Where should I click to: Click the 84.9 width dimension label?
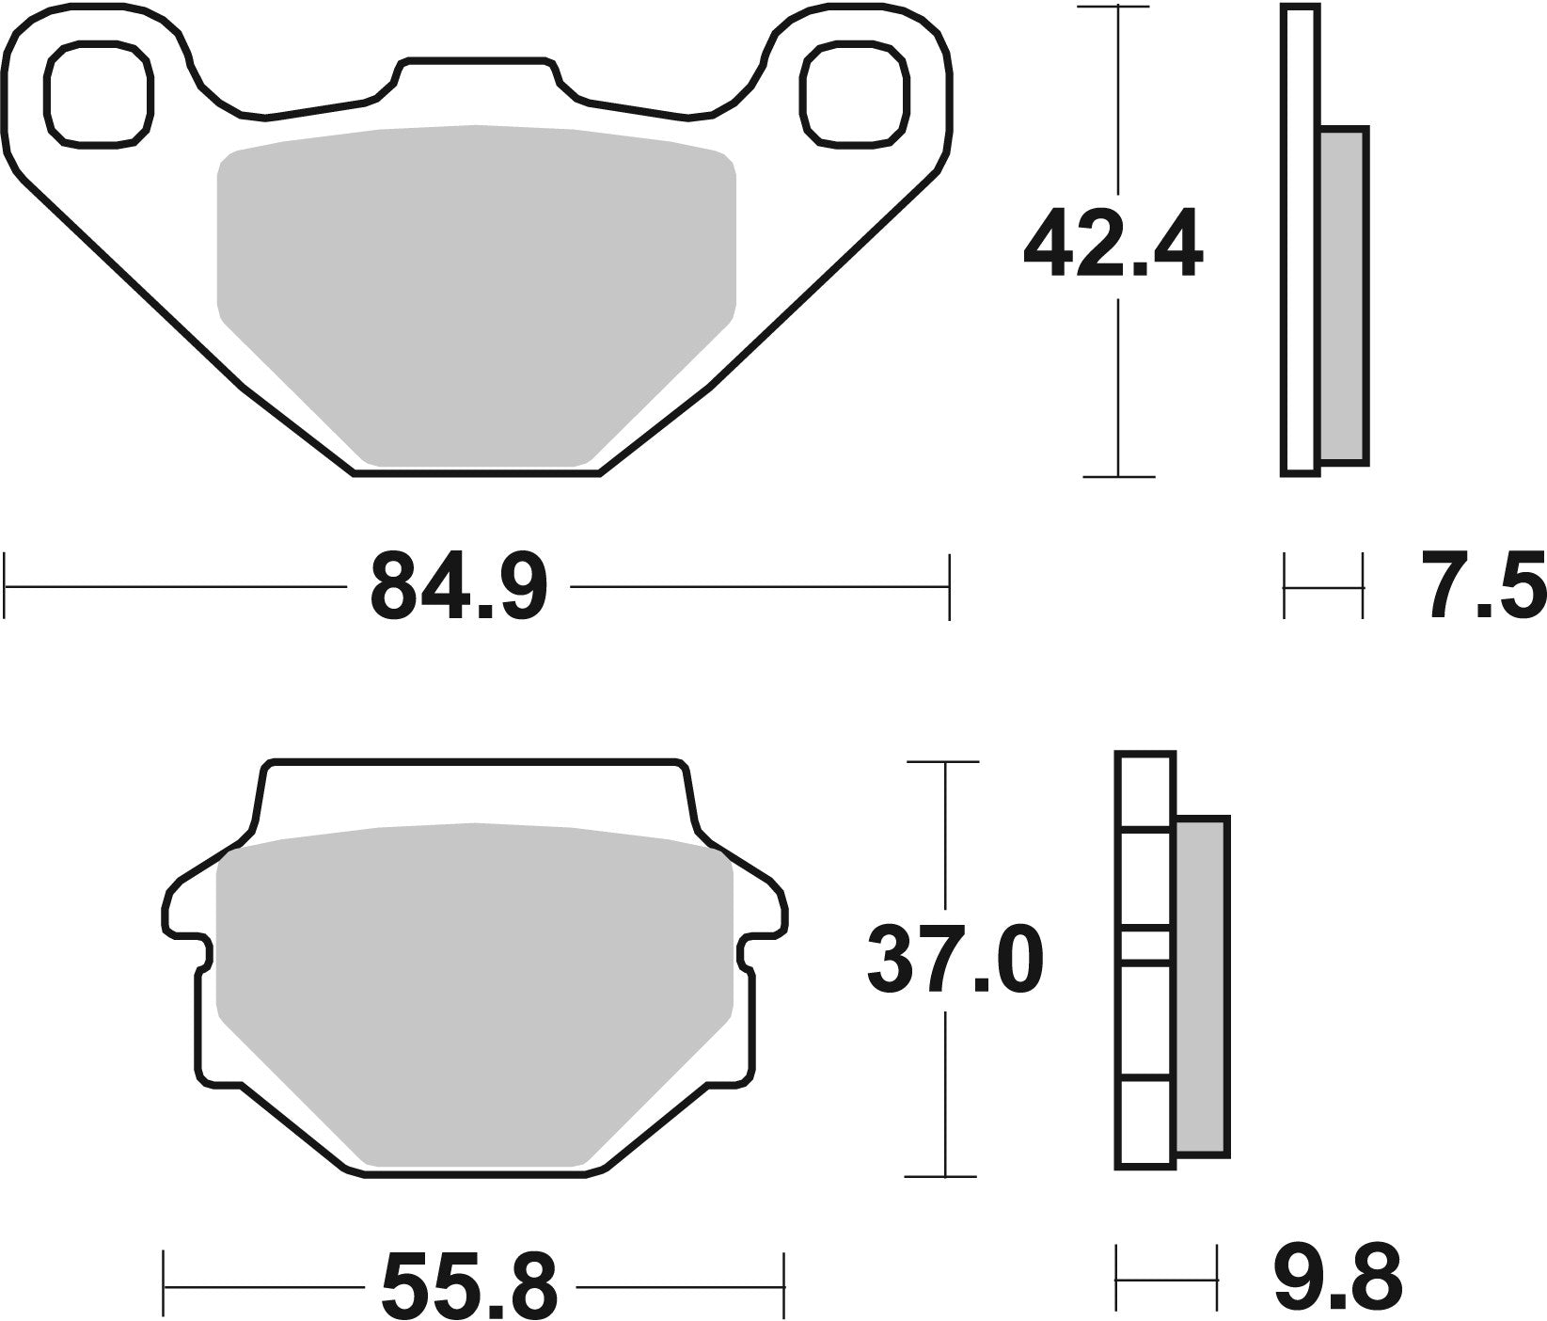tap(458, 587)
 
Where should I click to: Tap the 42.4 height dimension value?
tap(1113, 247)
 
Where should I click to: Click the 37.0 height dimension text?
tap(954, 961)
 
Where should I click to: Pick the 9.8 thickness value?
tap(1337, 1277)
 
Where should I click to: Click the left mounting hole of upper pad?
tap(98, 94)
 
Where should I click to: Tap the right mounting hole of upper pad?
tap(856, 94)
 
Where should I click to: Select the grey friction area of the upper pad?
tap(475, 292)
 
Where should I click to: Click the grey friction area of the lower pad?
tap(473, 988)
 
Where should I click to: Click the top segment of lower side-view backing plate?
tap(1144, 789)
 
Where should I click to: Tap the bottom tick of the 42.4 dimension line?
tap(1118, 477)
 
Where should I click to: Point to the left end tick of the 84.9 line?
tap(7, 587)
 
